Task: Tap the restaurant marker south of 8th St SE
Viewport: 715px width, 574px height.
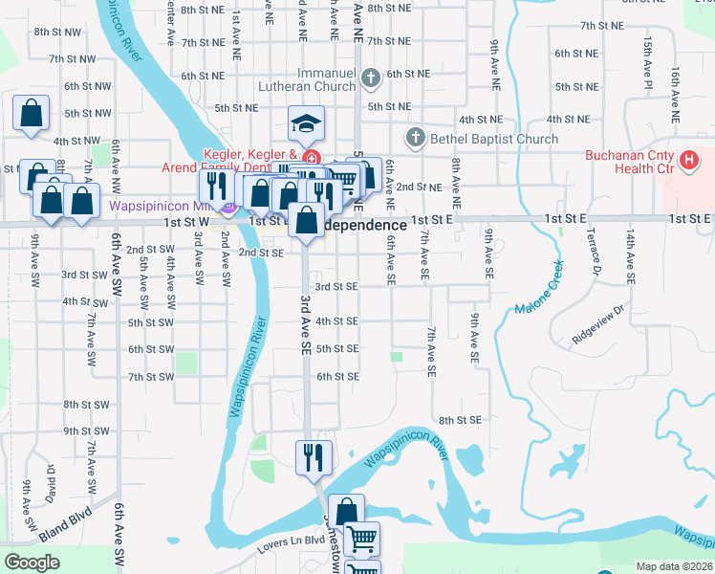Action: click(x=313, y=458)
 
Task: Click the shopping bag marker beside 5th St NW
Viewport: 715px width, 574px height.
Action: click(x=32, y=113)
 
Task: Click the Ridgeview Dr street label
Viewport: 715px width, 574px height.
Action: click(x=597, y=324)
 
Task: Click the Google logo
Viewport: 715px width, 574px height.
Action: click(x=32, y=563)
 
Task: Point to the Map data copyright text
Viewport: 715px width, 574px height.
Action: click(x=675, y=566)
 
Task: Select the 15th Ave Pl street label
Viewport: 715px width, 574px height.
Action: click(x=648, y=63)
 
